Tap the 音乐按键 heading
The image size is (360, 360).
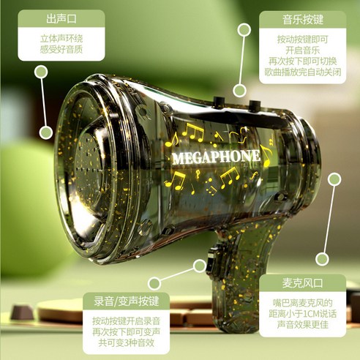click(298, 18)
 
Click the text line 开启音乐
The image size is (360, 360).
click(298, 50)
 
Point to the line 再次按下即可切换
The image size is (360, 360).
click(298, 61)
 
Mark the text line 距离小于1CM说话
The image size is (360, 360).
click(298, 315)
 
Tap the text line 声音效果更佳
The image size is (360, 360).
click(298, 327)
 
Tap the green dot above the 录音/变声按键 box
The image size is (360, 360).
click(154, 283)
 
